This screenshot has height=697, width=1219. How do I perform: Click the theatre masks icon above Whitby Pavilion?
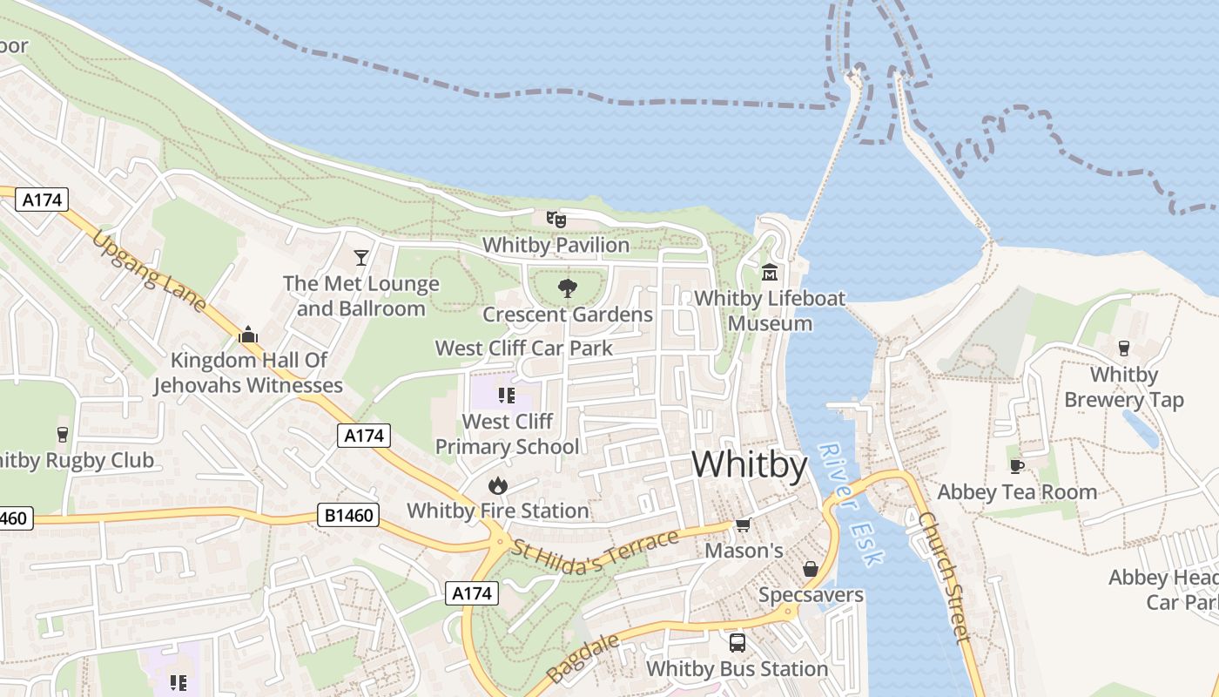click(x=556, y=219)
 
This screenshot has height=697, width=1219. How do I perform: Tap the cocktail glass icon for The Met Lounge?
click(x=361, y=257)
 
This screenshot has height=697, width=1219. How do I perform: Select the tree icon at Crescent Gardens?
click(x=568, y=288)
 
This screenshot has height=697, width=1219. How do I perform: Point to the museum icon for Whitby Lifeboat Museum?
click(x=770, y=272)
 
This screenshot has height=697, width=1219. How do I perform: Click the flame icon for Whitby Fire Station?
click(x=497, y=484)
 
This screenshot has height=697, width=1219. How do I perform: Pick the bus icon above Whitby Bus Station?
click(x=737, y=643)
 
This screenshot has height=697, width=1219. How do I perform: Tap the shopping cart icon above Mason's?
click(x=744, y=524)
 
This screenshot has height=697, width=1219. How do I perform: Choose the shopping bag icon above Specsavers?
click(x=811, y=569)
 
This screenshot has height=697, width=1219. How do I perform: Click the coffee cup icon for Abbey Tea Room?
click(x=1016, y=466)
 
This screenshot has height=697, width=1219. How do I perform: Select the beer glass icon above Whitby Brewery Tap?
click(x=1123, y=348)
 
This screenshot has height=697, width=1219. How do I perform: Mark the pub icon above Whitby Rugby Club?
click(x=62, y=434)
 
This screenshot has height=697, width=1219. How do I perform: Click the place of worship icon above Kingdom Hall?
click(x=248, y=334)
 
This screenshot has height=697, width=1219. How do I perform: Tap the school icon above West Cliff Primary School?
click(x=507, y=396)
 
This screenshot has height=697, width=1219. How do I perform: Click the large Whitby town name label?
click(x=750, y=464)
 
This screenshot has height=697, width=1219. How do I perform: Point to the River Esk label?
click(x=851, y=504)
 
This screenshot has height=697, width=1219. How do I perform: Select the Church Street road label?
click(x=944, y=576)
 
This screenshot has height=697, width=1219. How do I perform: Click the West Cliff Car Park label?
click(x=524, y=348)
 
